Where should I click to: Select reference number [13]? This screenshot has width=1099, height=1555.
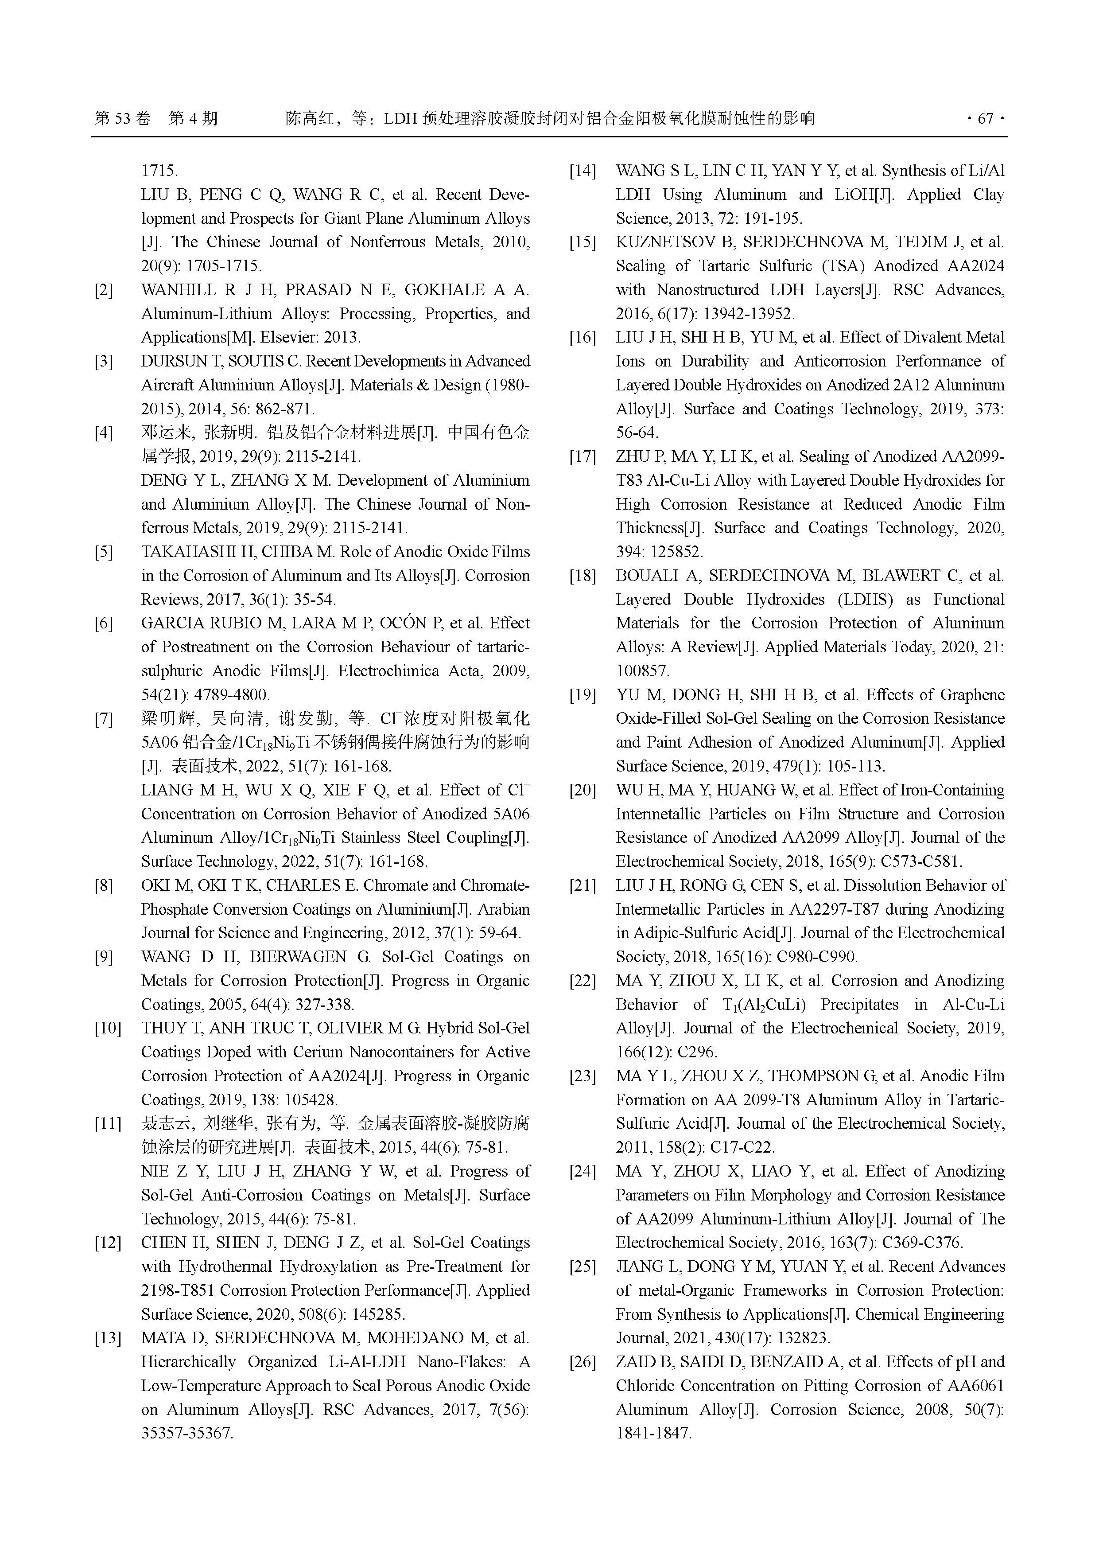(107, 1338)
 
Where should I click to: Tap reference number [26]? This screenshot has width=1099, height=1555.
(583, 1362)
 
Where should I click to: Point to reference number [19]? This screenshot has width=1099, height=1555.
(583, 695)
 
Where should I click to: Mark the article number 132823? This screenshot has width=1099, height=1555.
(800, 1338)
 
